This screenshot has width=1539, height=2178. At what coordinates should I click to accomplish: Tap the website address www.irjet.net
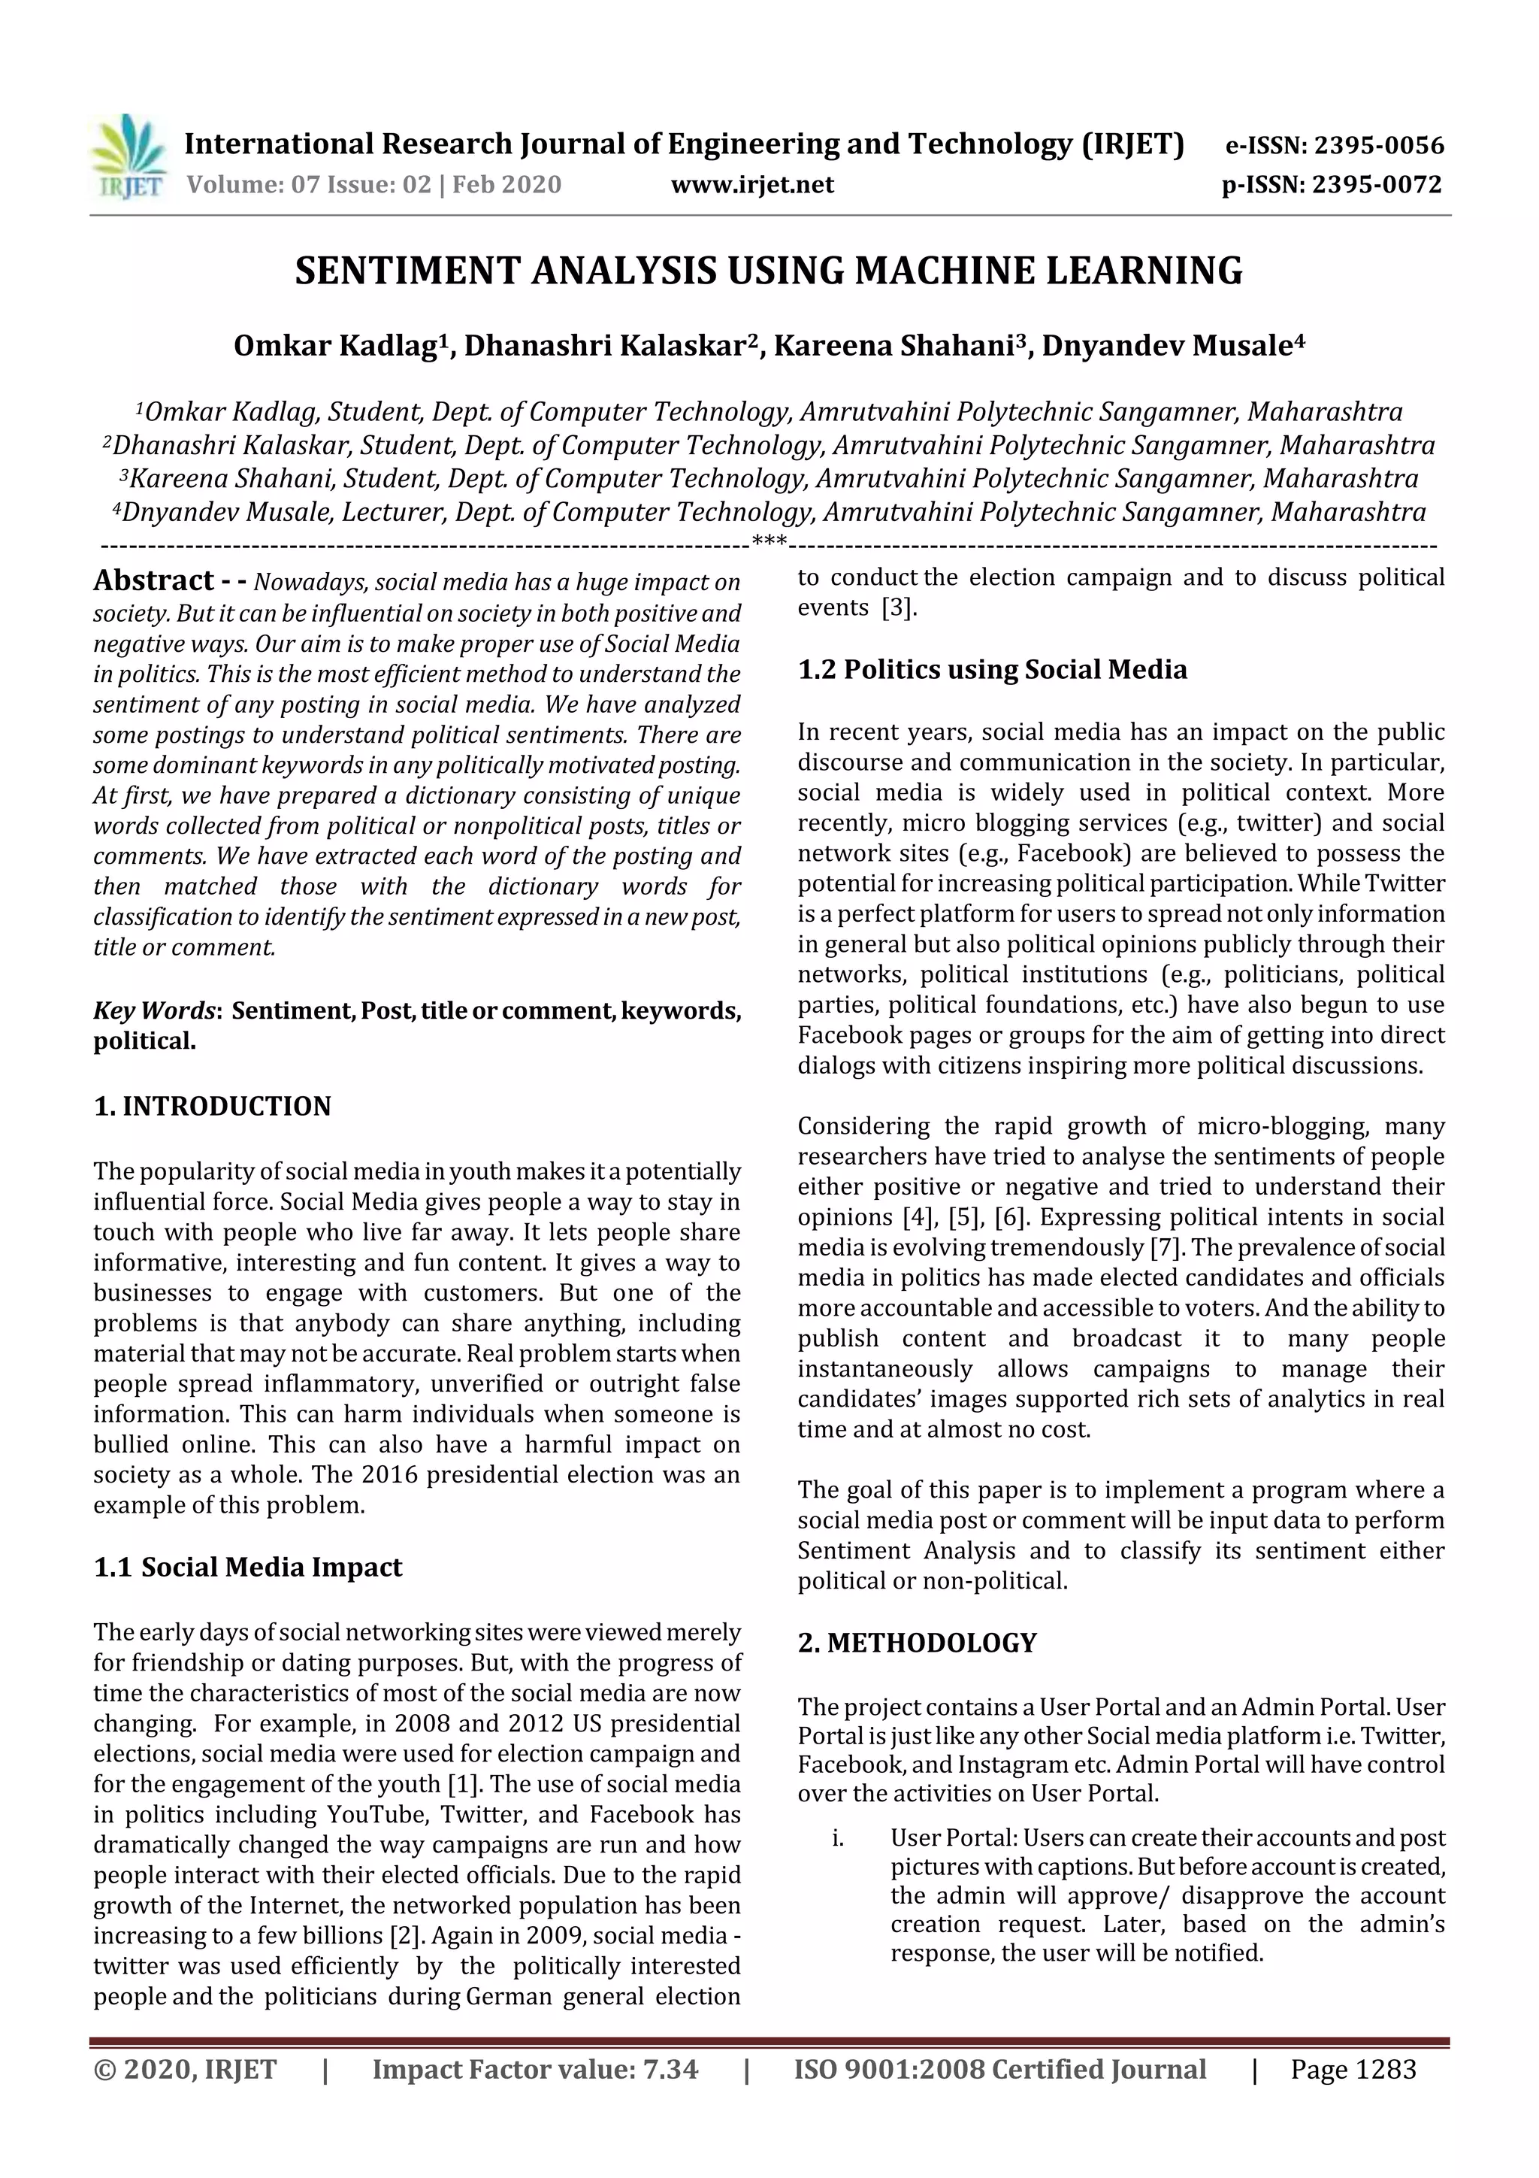click(x=752, y=184)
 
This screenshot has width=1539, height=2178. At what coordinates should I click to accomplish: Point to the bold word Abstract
click(x=153, y=580)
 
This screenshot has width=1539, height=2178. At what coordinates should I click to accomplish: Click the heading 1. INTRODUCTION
click(x=213, y=1106)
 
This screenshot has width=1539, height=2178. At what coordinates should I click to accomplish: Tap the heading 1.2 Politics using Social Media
click(x=991, y=670)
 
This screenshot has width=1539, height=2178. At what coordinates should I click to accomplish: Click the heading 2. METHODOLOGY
click(x=917, y=1643)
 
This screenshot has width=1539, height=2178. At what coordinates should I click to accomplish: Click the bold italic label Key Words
click(x=153, y=1010)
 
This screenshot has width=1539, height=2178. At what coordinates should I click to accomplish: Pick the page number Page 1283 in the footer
click(x=1352, y=2069)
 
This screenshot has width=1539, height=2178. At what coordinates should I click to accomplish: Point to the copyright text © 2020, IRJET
click(x=185, y=2069)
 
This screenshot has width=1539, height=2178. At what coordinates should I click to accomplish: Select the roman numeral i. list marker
click(x=837, y=1837)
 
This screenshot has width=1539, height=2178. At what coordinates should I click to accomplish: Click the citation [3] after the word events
click(x=899, y=608)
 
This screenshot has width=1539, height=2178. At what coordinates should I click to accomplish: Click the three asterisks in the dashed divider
click(x=768, y=543)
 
